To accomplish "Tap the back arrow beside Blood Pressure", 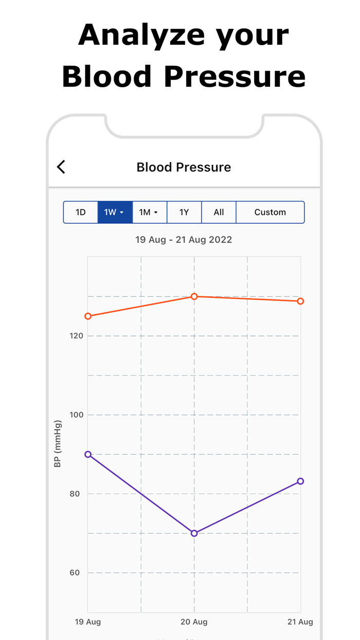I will click(x=61, y=167).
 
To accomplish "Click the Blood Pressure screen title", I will click(x=184, y=167).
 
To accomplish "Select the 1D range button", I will click(x=81, y=212).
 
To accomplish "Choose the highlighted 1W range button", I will click(x=115, y=212).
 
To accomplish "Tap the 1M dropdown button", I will click(x=149, y=212).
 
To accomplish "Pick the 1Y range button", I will click(x=184, y=212).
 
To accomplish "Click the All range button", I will click(x=219, y=212).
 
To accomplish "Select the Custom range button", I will click(x=270, y=212).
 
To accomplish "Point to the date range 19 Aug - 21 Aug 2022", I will click(x=184, y=240).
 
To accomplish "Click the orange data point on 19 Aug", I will click(x=88, y=316).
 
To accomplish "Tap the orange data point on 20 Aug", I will click(x=194, y=296).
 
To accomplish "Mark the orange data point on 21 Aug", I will click(x=300, y=301).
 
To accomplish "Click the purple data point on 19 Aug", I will click(x=88, y=454).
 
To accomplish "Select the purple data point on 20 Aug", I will click(x=194, y=533).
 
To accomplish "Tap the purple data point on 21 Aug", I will click(x=300, y=481).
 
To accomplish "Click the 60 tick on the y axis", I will click(x=75, y=573).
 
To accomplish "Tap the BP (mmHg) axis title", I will click(x=58, y=444).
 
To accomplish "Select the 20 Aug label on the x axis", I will click(x=194, y=622).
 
